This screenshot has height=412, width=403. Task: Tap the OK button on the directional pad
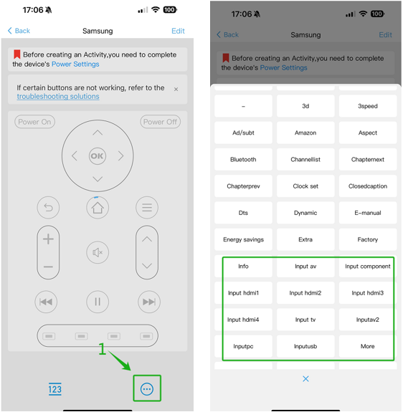coord(98,156)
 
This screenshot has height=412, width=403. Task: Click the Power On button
coord(34,122)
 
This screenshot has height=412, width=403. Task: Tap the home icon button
coord(98,208)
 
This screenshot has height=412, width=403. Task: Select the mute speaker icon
coord(98,252)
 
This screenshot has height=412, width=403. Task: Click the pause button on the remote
coord(98,302)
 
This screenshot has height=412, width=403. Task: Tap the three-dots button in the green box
coord(147,389)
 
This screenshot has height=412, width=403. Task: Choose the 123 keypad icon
coord(54,389)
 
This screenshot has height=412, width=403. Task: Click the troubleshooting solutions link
coord(58,97)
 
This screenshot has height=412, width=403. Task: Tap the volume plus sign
coord(48,239)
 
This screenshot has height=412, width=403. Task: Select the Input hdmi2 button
coord(305,293)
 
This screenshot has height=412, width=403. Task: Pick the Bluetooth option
coord(243,160)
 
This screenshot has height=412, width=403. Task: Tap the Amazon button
coord(305,133)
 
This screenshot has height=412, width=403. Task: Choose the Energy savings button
coord(243,239)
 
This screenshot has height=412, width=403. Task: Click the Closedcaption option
coord(368,186)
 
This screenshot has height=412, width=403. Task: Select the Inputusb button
coord(305,346)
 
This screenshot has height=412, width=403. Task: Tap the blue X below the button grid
coord(305,378)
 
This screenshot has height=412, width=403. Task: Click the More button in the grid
coord(368,346)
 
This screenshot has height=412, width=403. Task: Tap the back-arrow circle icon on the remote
coord(48,208)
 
